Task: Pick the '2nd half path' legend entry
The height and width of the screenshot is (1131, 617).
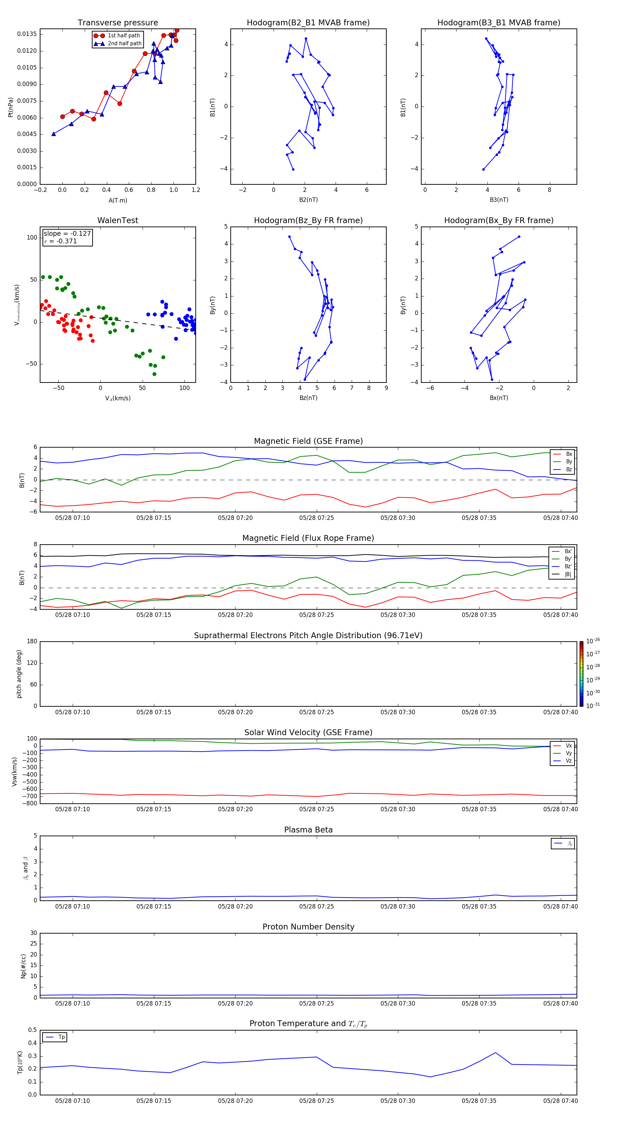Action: [x=124, y=44]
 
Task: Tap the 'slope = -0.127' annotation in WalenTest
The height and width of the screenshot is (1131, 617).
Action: [x=67, y=234]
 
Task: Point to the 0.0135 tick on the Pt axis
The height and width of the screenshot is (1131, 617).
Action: [x=27, y=34]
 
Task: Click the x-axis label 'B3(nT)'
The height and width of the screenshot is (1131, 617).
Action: [x=499, y=200]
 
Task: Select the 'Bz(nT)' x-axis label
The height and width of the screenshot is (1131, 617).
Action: [x=308, y=398]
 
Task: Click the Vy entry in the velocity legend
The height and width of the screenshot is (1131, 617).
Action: [x=568, y=753]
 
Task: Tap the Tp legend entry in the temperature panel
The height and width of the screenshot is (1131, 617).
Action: [x=61, y=1037]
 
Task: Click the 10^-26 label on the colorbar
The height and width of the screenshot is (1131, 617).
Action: [x=593, y=641]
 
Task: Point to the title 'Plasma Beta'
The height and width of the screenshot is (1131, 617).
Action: [x=308, y=830]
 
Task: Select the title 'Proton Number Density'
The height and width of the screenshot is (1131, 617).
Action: [x=308, y=927]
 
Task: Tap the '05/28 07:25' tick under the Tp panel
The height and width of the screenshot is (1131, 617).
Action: [x=316, y=1101]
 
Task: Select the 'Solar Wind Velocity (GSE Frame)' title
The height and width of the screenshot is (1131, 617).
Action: [x=308, y=732]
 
